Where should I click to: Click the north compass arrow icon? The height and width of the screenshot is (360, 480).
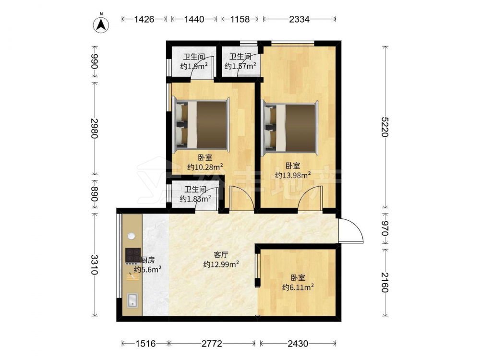pyautogui.click(x=101, y=24)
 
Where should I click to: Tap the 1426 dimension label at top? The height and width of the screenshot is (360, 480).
pyautogui.click(x=144, y=19)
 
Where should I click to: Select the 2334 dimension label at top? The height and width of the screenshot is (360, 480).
pyautogui.click(x=299, y=19)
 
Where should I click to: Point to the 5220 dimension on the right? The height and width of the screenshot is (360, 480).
pyautogui.click(x=385, y=127)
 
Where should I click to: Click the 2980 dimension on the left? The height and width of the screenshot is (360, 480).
pyautogui.click(x=94, y=128)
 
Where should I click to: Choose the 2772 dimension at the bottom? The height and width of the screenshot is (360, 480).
pyautogui.click(x=212, y=344)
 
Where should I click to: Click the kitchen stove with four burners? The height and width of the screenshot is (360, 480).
pyautogui.click(x=133, y=256)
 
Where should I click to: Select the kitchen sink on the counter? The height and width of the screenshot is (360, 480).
pyautogui.click(x=132, y=300)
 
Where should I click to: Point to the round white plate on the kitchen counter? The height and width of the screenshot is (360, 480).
pyautogui.click(x=132, y=236)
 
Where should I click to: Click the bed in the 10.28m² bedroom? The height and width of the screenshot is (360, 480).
pyautogui.click(x=201, y=125)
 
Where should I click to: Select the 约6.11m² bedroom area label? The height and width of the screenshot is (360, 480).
pyautogui.click(x=298, y=288)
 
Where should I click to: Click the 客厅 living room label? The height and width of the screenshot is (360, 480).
pyautogui.click(x=221, y=255)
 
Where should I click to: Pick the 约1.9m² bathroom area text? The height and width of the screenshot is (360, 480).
pyautogui.click(x=194, y=66)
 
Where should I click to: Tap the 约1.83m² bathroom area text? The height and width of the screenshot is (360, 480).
pyautogui.click(x=195, y=199)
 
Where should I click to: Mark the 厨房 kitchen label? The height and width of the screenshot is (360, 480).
pyautogui.click(x=147, y=260)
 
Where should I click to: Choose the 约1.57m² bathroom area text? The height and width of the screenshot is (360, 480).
pyautogui.click(x=240, y=66)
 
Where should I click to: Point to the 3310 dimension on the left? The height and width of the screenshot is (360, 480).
pyautogui.click(x=94, y=265)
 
